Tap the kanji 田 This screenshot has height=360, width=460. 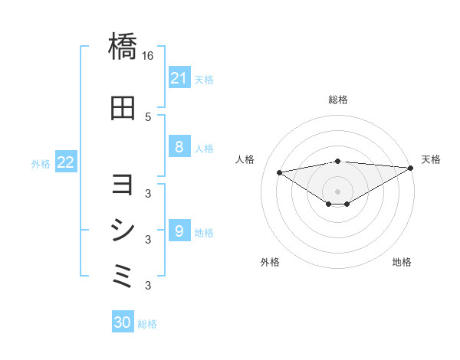point(123,108)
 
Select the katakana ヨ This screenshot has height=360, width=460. point(123,185)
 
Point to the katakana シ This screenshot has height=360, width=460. point(123,230)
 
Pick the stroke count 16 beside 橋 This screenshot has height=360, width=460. point(148,56)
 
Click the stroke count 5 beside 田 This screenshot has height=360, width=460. point(148,116)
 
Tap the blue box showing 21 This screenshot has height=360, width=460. point(179,77)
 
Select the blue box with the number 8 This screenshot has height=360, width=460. point(179,147)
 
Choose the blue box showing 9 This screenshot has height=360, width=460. point(179,231)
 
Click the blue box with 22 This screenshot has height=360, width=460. point(66,162)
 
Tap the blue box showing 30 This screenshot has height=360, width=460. point(123,322)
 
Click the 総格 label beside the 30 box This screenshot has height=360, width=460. point(147,324)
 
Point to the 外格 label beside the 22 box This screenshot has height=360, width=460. point(41,163)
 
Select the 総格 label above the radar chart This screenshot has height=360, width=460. point(337,100)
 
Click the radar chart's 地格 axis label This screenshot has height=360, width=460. point(402,263)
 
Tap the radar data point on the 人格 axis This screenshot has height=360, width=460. point(279,172)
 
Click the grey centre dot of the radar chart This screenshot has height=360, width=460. point(337,191)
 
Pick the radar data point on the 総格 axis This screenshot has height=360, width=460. point(337,161)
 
